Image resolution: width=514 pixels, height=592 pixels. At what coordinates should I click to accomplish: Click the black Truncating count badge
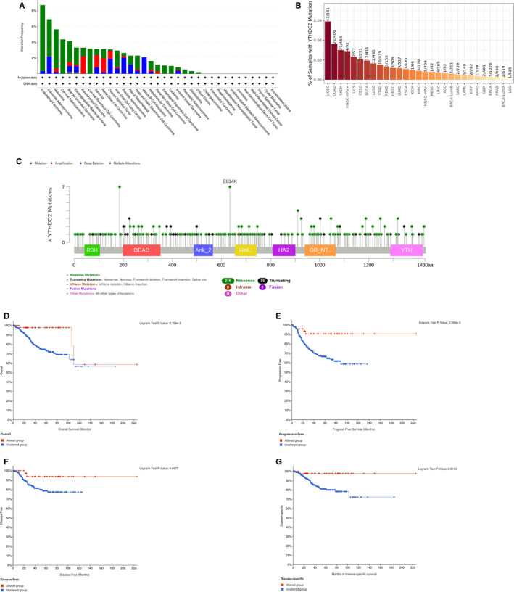pos(262,279)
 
